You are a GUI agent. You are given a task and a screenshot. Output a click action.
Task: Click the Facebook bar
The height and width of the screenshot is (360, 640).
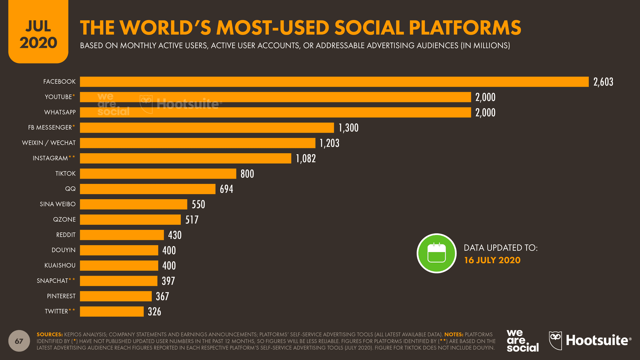[334, 82]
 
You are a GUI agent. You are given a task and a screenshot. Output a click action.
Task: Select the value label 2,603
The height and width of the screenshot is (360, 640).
[603, 82]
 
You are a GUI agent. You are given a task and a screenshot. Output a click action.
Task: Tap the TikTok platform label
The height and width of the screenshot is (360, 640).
[65, 174]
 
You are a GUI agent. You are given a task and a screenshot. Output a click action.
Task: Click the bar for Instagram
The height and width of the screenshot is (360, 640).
[186, 158]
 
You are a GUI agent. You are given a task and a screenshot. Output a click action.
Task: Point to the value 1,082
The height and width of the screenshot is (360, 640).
[306, 159]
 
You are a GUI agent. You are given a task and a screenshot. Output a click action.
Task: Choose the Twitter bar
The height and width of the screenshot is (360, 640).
[112, 311]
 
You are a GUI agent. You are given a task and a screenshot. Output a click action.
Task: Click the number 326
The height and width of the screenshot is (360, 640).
[154, 312]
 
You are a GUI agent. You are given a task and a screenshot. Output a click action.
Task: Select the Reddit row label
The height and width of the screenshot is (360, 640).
[66, 235]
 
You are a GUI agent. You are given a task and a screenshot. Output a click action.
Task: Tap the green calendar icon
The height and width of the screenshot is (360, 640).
[436, 253]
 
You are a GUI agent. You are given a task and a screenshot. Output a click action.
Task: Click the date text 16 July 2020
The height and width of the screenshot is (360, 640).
[492, 260]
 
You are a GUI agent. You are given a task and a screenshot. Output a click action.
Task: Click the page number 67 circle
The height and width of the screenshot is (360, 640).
[19, 341]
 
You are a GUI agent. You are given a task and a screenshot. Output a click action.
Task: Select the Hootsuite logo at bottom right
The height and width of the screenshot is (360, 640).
[590, 340]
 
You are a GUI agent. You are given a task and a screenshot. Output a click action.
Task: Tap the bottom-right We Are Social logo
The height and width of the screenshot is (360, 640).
[522, 340]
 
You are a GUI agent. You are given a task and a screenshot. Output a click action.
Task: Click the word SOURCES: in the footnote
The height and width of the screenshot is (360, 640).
[49, 334]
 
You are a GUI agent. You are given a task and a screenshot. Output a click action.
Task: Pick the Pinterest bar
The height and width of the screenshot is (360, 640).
[116, 296]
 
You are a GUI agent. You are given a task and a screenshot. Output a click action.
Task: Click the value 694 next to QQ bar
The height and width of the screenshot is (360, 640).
[226, 189]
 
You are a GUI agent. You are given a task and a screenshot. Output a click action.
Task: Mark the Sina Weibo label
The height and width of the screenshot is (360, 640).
[58, 204]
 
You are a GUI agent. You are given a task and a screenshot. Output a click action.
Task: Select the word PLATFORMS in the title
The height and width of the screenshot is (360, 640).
[465, 28]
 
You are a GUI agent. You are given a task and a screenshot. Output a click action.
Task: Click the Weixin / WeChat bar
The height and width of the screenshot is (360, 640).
[198, 143]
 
